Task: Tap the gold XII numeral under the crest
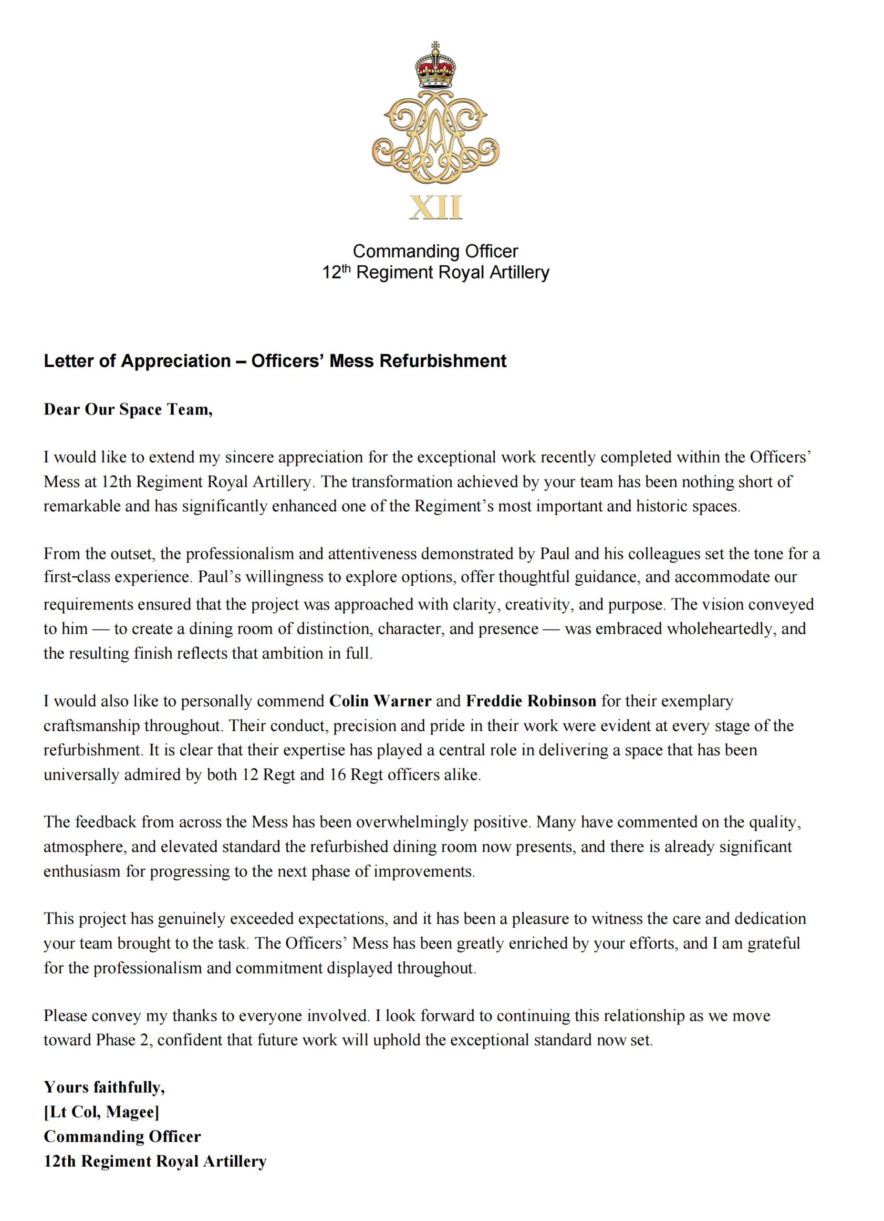click(435, 207)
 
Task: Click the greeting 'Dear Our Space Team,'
click(128, 409)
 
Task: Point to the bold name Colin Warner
click(380, 701)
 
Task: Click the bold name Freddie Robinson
click(531, 701)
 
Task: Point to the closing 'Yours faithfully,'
click(104, 1087)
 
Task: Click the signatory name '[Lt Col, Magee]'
click(101, 1112)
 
